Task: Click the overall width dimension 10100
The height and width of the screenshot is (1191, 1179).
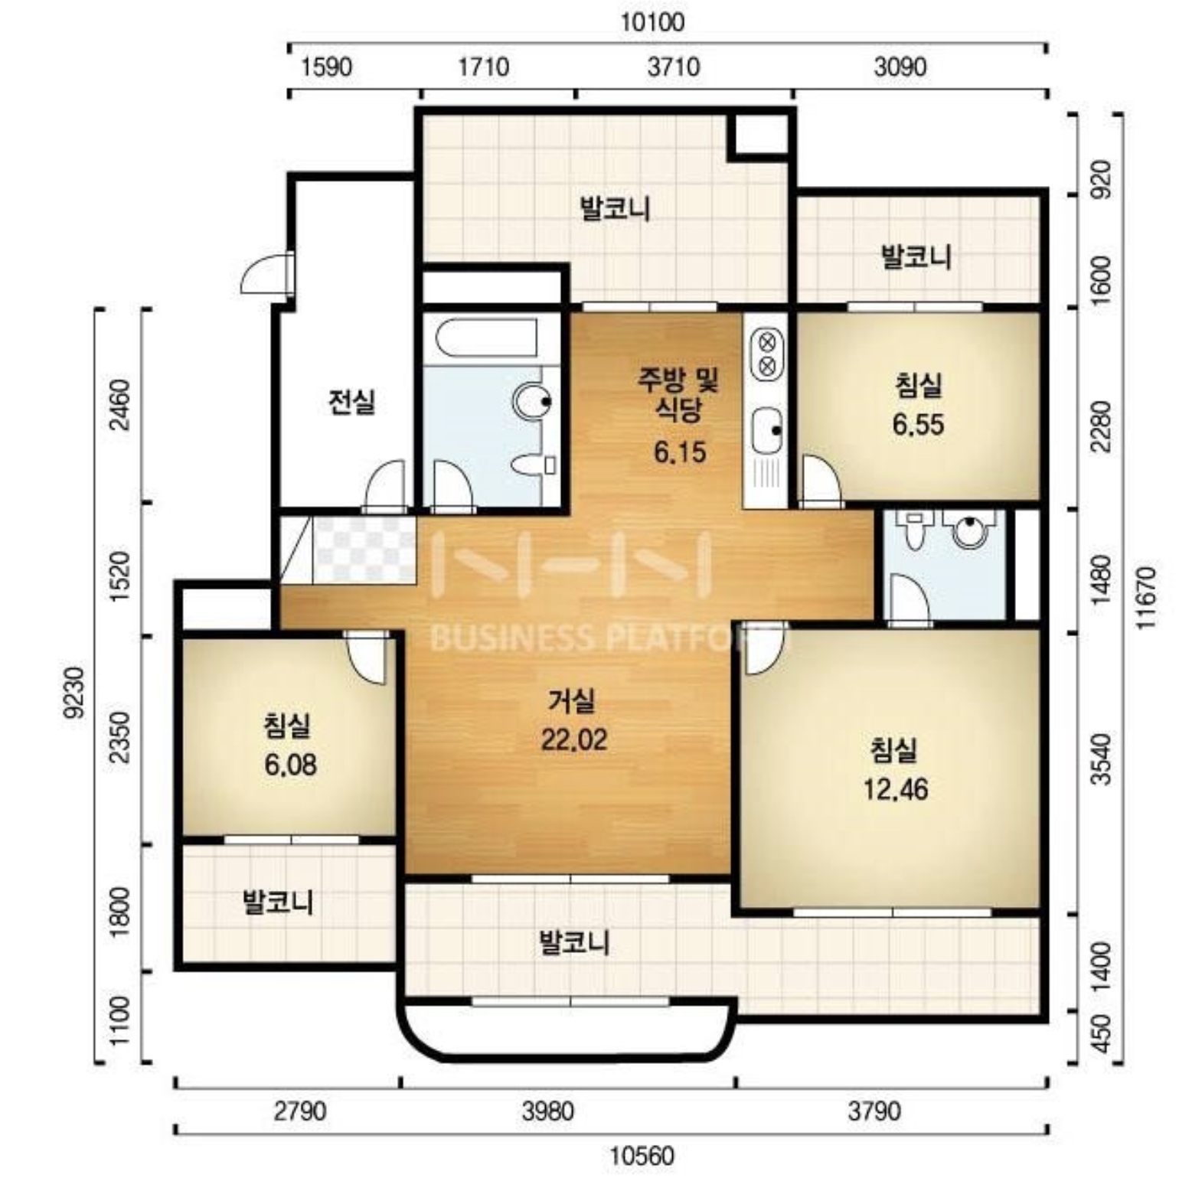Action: [x=652, y=21]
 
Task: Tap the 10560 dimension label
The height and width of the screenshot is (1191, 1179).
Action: [x=642, y=1154]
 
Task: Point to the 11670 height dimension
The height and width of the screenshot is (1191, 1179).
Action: [x=1147, y=598]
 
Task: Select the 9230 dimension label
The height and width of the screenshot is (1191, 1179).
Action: [x=74, y=692]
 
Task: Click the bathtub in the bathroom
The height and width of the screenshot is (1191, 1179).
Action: [x=486, y=338]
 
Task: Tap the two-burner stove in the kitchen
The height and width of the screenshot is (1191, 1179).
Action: [x=766, y=353]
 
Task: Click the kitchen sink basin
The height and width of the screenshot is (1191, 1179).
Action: [x=766, y=431]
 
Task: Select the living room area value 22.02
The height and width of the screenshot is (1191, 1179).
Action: [x=574, y=739]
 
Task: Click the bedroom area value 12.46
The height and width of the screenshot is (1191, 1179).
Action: [x=896, y=788]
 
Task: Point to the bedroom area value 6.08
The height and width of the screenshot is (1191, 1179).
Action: [x=290, y=764]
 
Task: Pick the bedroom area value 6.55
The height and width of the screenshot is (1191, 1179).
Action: [x=918, y=423]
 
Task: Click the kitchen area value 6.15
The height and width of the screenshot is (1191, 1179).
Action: [x=680, y=452]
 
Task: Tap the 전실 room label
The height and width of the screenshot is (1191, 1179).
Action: [x=351, y=401]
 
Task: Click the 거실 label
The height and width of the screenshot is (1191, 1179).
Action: [x=571, y=700]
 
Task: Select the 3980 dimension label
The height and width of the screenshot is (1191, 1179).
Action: [x=547, y=1110]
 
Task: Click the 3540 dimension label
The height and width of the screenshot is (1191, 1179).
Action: [x=1101, y=759]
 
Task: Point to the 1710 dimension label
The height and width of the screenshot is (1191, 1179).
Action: [x=483, y=67]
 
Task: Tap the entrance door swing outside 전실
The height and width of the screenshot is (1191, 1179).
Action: [x=266, y=273]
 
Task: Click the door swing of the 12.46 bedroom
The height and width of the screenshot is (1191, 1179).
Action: [x=764, y=648]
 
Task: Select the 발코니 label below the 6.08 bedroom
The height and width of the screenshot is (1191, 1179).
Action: [x=278, y=902]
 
